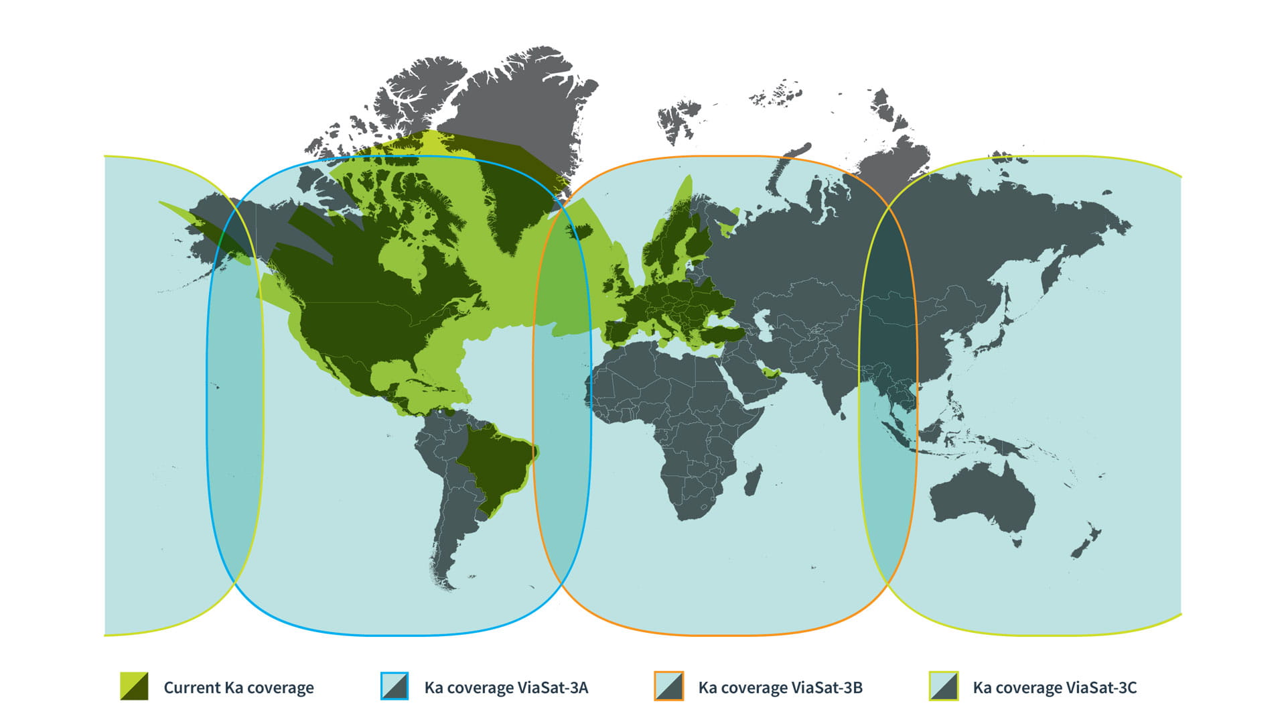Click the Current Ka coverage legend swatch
point(134,686)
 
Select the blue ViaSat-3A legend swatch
point(395,686)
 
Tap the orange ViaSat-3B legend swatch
point(668,686)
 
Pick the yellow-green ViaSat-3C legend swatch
point(943,686)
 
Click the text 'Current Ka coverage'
point(238,688)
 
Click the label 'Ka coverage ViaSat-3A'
point(506,688)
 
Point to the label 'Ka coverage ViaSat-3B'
point(780,688)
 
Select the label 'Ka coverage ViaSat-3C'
point(1055,688)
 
